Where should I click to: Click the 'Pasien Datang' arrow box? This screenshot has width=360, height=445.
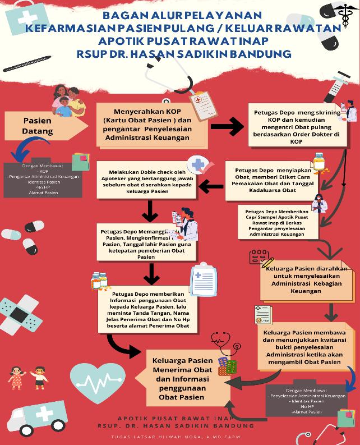(35, 126)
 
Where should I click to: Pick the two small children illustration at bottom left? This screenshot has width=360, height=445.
(29, 378)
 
